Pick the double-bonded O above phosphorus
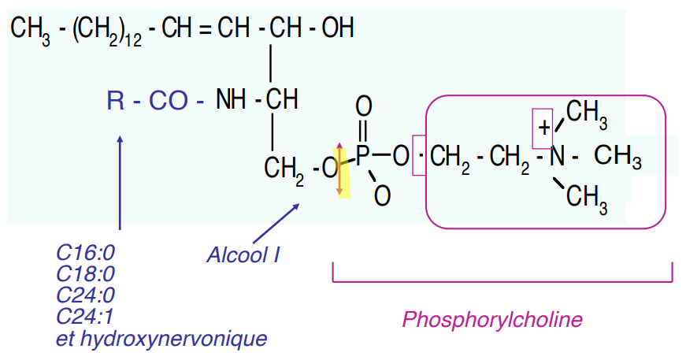tap(363, 106)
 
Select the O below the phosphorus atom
tap(382, 195)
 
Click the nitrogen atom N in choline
tap(558, 156)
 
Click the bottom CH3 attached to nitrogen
tap(587, 198)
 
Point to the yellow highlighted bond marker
tap(342, 169)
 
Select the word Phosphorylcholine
tap(492, 319)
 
